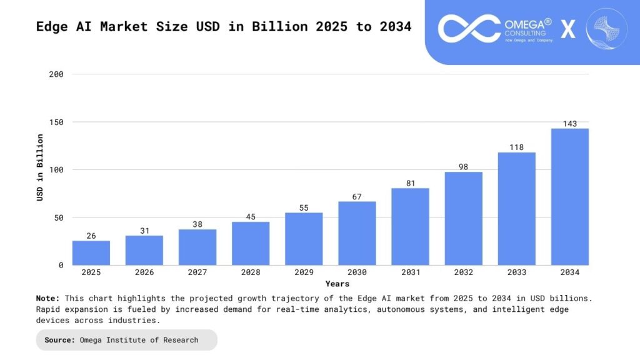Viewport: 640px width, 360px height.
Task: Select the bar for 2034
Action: pyautogui.click(x=569, y=197)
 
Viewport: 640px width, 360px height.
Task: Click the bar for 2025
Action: pyautogui.click(x=91, y=253)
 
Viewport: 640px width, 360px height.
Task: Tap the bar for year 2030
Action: pyautogui.click(x=357, y=233)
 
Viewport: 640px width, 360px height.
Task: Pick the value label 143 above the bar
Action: pyautogui.click(x=569, y=124)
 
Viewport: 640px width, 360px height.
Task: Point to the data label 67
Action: pyautogui.click(x=357, y=197)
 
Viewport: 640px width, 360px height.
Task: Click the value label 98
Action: pyautogui.click(x=463, y=167)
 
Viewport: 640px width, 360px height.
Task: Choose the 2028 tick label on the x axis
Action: pyautogui.click(x=251, y=272)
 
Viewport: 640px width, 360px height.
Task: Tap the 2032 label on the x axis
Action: pyautogui.click(x=463, y=272)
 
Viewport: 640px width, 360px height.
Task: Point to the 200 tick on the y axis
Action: pyautogui.click(x=56, y=74)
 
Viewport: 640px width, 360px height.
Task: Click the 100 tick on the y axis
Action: pyautogui.click(x=56, y=170)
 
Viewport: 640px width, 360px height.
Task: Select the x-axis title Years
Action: pyautogui.click(x=337, y=284)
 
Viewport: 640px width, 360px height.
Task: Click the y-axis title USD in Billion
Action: pyautogui.click(x=40, y=167)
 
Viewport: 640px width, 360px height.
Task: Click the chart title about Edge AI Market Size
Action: pyautogui.click(x=223, y=27)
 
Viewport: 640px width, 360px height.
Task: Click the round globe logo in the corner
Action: pyautogui.click(x=606, y=29)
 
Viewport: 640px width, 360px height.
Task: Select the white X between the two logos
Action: pyautogui.click(x=568, y=29)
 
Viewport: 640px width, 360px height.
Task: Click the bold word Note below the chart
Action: pyautogui.click(x=47, y=298)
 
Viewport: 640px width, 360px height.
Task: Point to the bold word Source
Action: pyautogui.click(x=60, y=340)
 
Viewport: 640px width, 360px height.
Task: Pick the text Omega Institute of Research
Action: pyautogui.click(x=139, y=340)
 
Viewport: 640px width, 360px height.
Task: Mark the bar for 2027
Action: pyautogui.click(x=197, y=247)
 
